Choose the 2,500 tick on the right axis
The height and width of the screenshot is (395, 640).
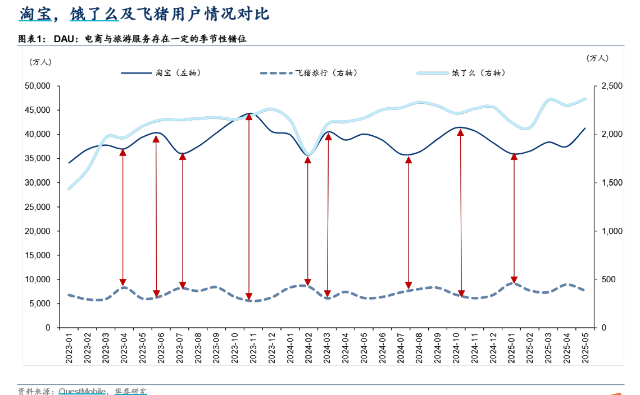pos(612,86)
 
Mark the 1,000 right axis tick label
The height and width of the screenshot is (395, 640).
pos(612,231)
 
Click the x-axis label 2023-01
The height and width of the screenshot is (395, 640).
pos(69,348)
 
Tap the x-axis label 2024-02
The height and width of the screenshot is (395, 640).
pos(308,348)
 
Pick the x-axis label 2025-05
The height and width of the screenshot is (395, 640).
pos(584,348)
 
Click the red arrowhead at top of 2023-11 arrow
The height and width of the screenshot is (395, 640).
pos(249,117)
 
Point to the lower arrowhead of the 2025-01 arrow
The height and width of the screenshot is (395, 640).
pos(514,280)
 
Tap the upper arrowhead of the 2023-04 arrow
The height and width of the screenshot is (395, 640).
pos(123,152)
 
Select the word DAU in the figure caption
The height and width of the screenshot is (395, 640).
pos(64,39)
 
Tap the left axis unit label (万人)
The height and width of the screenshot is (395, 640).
pos(40,62)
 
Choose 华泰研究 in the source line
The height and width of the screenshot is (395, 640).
pos(130,391)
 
